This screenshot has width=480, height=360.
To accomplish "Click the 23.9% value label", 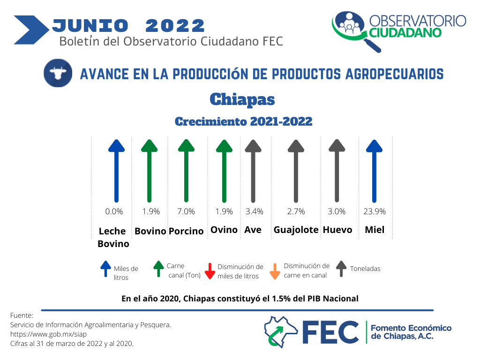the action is [x=375, y=211].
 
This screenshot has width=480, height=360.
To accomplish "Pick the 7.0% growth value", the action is [x=186, y=211].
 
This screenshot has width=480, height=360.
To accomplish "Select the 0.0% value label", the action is [x=114, y=211].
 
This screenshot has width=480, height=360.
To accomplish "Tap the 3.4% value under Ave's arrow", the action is [x=255, y=211].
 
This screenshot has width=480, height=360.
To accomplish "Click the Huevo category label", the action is [x=337, y=230].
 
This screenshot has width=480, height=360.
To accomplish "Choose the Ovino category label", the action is [x=224, y=230].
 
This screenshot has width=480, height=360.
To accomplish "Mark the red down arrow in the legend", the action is [x=210, y=271].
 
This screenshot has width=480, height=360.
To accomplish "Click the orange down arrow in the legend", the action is [x=275, y=271].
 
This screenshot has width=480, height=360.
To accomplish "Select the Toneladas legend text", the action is [x=365, y=269].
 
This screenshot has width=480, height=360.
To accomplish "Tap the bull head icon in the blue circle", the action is [x=58, y=73].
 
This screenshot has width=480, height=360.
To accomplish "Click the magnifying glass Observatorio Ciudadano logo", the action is [x=357, y=31].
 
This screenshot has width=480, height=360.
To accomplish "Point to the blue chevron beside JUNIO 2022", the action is [x=31, y=30].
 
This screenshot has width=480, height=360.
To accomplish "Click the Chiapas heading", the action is [x=242, y=99].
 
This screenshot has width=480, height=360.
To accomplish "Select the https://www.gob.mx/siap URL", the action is [x=48, y=334].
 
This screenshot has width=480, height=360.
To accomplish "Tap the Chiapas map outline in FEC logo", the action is [x=281, y=332].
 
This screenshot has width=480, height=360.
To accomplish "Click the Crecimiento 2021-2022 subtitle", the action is [x=244, y=121].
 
